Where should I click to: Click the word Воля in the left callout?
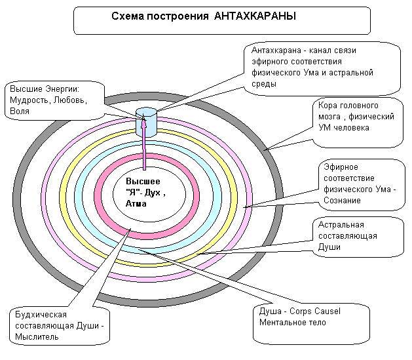(20, 111)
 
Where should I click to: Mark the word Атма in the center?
(136, 204)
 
